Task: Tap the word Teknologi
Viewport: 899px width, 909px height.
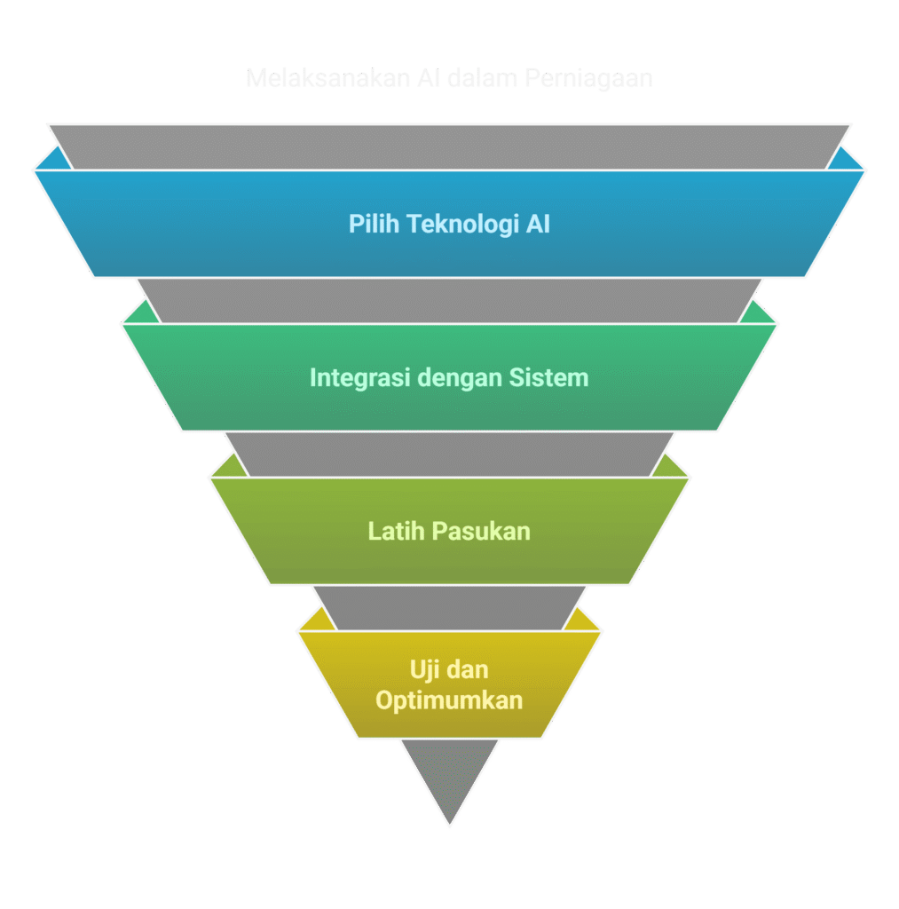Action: pyautogui.click(x=461, y=225)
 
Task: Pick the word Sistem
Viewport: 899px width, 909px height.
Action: pyautogui.click(x=548, y=378)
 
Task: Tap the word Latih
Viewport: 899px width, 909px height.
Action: pyautogui.click(x=396, y=532)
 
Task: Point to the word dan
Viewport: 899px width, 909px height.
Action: pyautogui.click(x=470, y=669)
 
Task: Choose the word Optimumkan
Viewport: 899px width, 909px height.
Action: pyautogui.click(x=449, y=700)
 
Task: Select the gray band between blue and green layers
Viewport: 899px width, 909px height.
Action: pyautogui.click(x=449, y=300)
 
